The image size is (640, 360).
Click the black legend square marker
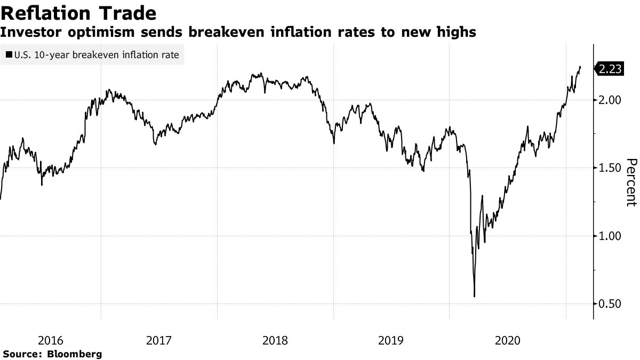(x=9, y=54)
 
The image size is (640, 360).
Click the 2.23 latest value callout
(x=610, y=69)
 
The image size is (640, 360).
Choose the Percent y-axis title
(x=631, y=182)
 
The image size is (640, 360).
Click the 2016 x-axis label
(x=51, y=340)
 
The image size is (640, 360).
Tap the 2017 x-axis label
(x=158, y=340)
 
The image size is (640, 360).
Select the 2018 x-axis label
(x=275, y=340)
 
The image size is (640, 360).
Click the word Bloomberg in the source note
(x=75, y=354)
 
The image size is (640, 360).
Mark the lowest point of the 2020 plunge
(x=474, y=297)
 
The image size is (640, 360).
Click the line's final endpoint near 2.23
(x=580, y=67)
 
